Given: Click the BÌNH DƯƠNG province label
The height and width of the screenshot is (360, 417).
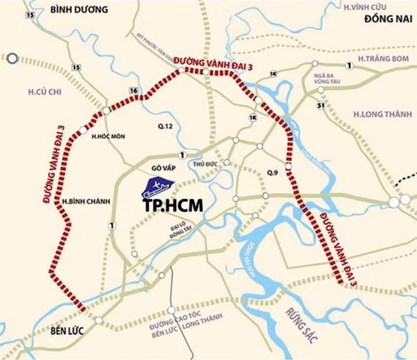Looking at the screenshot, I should click(78, 9).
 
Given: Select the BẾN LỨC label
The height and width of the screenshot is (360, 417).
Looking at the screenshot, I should click(67, 331).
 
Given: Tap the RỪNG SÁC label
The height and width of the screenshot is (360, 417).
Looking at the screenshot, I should click(301, 321).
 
